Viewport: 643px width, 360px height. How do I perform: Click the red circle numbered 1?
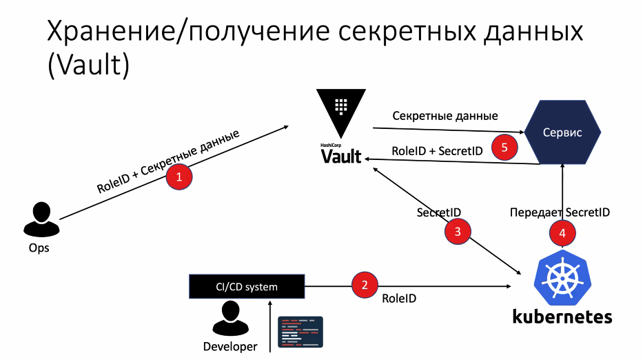click(180, 177)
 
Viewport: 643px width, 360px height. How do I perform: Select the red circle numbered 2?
click(365, 285)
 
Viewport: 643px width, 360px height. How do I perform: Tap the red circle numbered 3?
click(458, 232)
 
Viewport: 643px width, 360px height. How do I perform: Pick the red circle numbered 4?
click(562, 233)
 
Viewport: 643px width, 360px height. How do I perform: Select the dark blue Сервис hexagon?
click(563, 132)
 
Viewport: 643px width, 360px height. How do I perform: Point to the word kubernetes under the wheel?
click(562, 317)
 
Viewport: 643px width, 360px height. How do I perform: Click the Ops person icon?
click(39, 219)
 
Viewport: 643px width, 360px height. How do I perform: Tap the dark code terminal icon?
click(300, 332)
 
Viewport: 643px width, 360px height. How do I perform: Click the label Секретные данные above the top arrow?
click(445, 116)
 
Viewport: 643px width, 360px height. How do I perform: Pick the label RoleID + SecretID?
click(437, 150)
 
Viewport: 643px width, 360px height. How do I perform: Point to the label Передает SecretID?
click(560, 212)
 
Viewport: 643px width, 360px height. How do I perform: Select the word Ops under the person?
click(39, 248)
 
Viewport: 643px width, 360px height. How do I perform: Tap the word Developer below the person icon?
click(230, 346)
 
